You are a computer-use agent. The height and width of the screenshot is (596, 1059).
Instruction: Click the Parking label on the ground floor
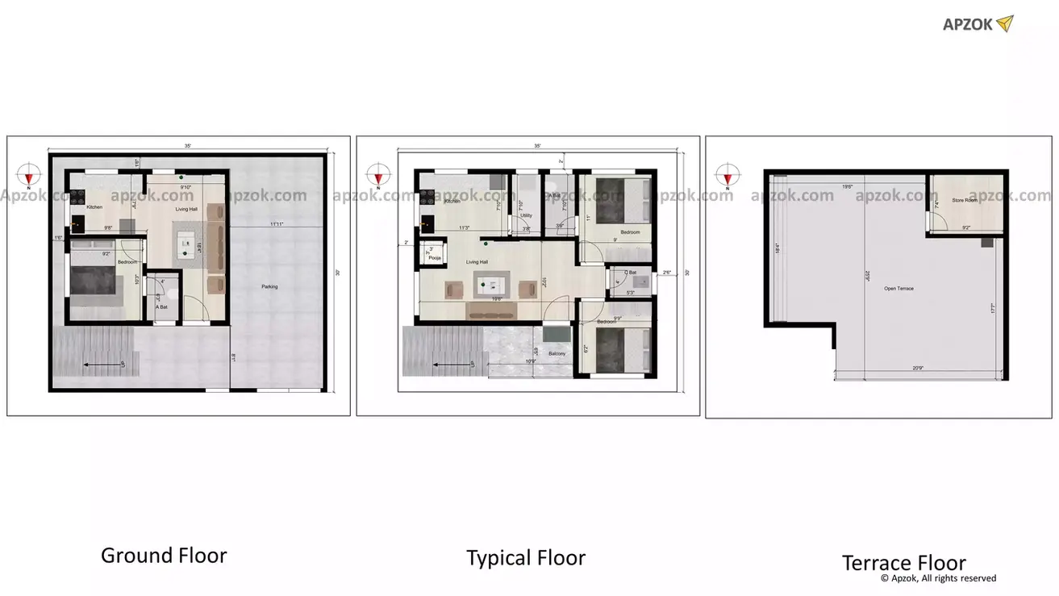[x=270, y=286]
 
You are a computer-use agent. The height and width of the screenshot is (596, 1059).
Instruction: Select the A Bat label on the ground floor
[x=161, y=306]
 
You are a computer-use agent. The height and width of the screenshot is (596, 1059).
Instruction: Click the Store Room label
[x=965, y=200]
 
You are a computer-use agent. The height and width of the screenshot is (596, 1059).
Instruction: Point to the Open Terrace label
[x=898, y=288]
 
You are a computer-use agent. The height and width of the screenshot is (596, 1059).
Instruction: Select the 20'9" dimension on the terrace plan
[x=919, y=368]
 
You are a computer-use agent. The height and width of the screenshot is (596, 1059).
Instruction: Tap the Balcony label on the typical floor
[x=557, y=353]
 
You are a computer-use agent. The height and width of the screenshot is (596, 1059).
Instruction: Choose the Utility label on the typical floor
[x=526, y=215]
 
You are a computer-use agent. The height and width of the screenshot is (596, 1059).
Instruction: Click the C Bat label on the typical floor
[x=632, y=273]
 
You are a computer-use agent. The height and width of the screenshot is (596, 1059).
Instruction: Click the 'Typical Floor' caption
[x=526, y=557]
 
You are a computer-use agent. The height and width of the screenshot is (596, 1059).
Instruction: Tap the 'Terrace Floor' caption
[x=903, y=562]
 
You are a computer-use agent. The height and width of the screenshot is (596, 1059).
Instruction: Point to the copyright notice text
[x=938, y=578]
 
